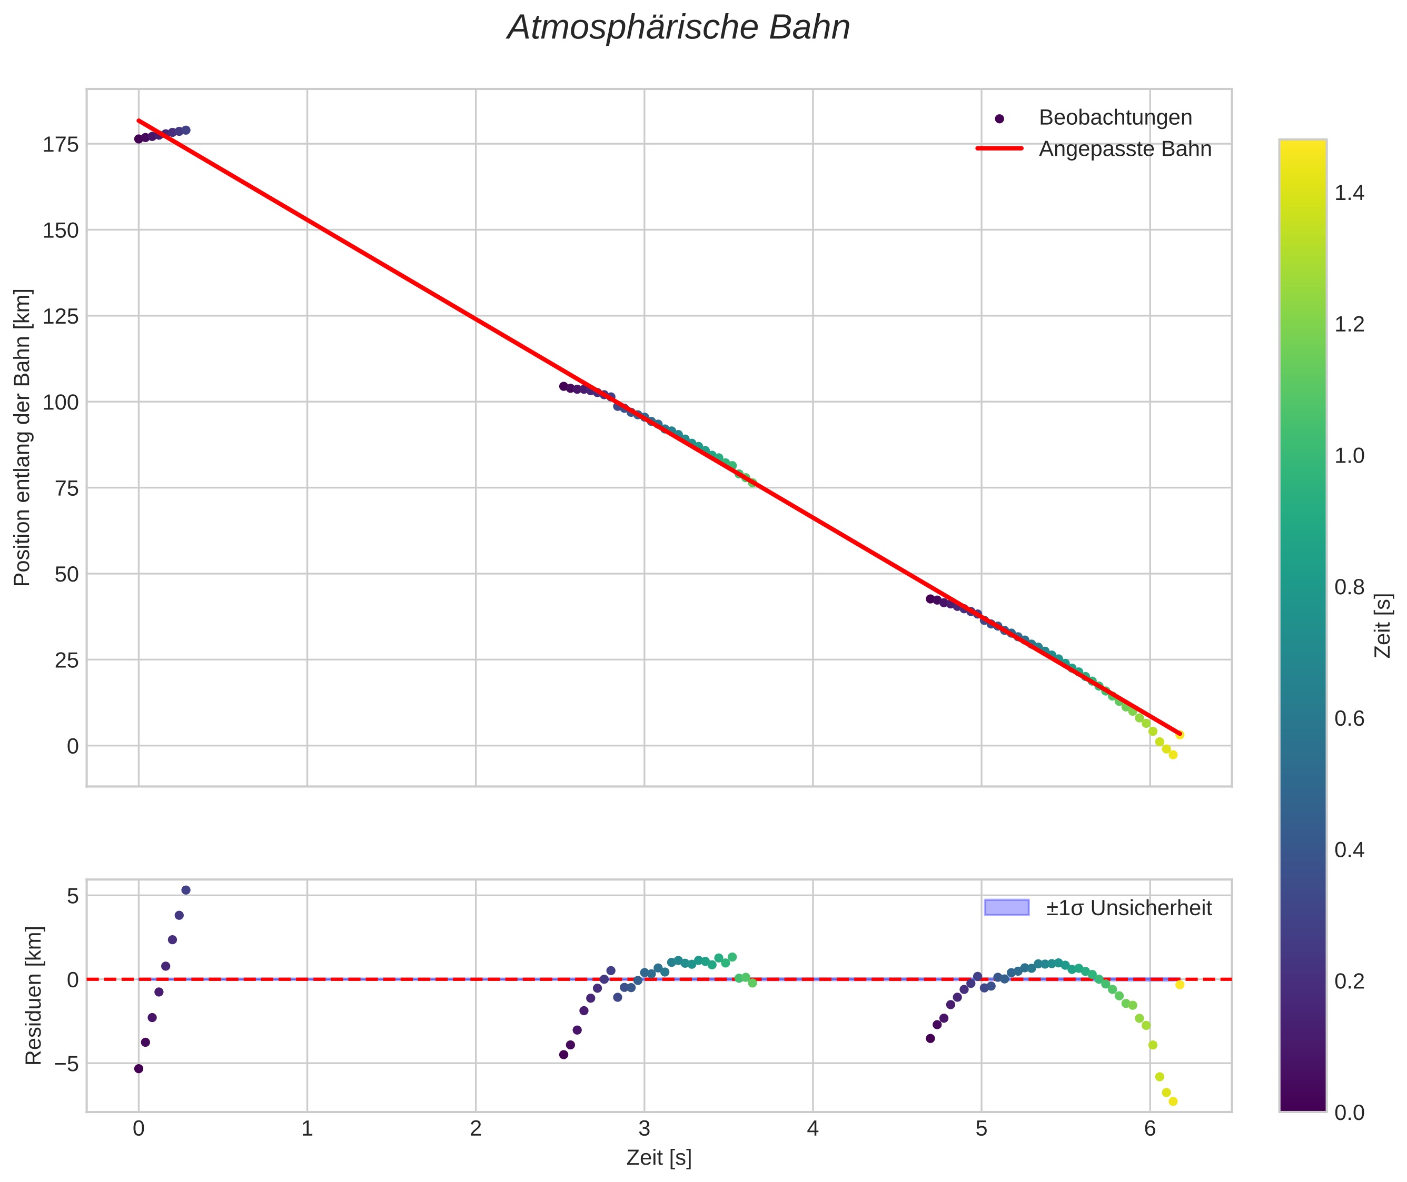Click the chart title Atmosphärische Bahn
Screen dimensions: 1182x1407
(x=678, y=28)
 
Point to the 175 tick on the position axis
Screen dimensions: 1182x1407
(x=61, y=144)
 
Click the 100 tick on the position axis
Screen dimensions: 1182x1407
(x=61, y=402)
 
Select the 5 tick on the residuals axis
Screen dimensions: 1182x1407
(x=72, y=896)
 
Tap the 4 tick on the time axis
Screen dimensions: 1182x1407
(x=813, y=1129)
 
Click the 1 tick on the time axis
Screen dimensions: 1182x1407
(x=307, y=1129)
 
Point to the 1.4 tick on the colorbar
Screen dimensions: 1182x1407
(x=1349, y=193)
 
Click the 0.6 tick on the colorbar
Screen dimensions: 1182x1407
(x=1349, y=718)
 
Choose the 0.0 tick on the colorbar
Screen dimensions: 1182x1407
(x=1349, y=1113)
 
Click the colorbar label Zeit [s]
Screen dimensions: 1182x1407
(x=1382, y=626)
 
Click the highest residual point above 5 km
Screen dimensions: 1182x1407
(x=186, y=890)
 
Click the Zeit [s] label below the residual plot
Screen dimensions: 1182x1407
(x=659, y=1158)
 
